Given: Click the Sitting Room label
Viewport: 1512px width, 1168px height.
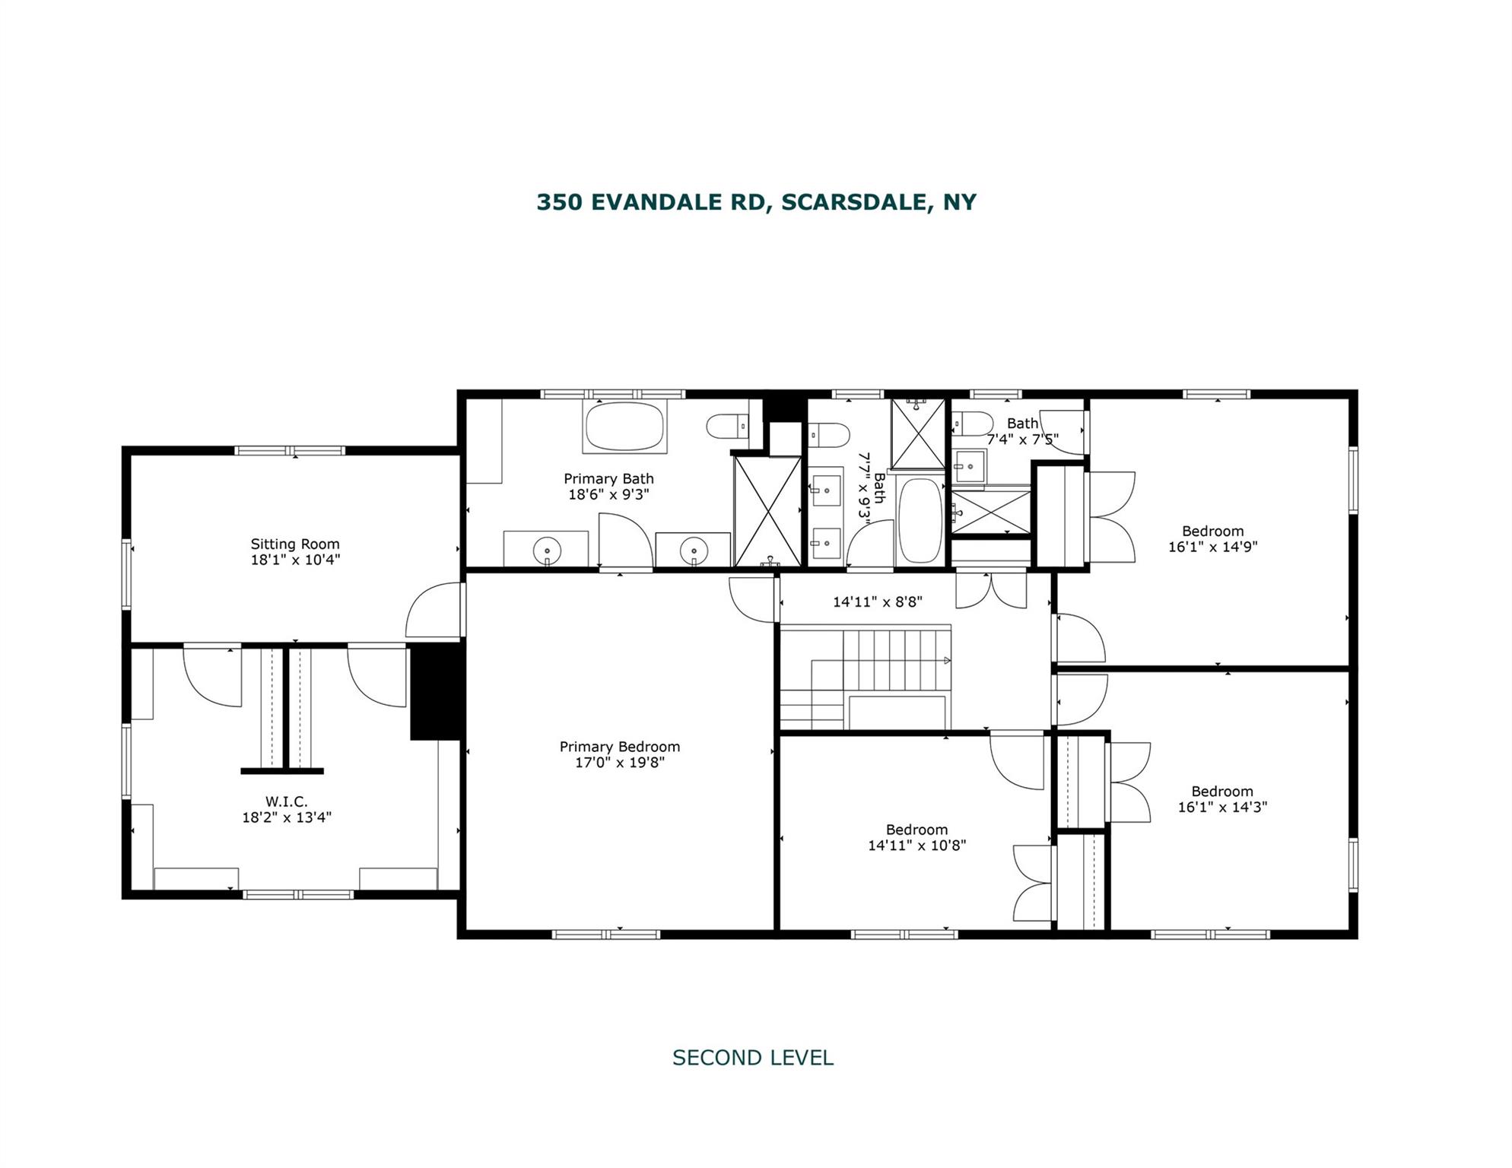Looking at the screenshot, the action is pyautogui.click(x=295, y=544).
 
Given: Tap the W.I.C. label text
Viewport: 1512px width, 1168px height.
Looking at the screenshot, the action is pyautogui.click(x=286, y=801).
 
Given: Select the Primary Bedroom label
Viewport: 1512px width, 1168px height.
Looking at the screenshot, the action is pyautogui.click(x=620, y=747).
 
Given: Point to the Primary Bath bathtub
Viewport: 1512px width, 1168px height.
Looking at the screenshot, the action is pyautogui.click(x=624, y=426).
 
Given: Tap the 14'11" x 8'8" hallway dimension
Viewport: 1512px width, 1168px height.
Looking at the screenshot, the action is pyautogui.click(x=878, y=601).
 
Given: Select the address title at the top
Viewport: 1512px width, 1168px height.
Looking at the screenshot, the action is pyautogui.click(x=756, y=202).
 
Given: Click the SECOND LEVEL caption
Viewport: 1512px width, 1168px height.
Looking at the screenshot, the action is pyautogui.click(x=753, y=1058).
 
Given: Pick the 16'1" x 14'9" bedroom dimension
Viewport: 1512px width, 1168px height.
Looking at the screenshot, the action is pyautogui.click(x=1213, y=546).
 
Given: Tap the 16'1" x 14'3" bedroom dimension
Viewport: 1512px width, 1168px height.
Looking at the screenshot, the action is pyautogui.click(x=1222, y=807).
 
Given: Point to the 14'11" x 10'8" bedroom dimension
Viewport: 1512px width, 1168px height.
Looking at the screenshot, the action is pyautogui.click(x=917, y=845).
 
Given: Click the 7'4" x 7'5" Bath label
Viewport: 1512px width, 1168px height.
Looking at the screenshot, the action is pyautogui.click(x=1023, y=431).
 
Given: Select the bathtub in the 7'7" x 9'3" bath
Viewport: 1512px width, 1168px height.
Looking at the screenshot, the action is pyautogui.click(x=920, y=519).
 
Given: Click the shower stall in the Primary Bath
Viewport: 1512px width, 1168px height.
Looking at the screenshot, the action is pyautogui.click(x=768, y=511).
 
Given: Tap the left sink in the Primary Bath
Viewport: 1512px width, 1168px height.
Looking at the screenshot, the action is pyautogui.click(x=547, y=548).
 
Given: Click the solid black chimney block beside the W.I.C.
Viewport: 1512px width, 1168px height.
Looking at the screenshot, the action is pyautogui.click(x=436, y=691).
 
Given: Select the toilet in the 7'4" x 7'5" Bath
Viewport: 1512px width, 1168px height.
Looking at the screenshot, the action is pyautogui.click(x=973, y=424).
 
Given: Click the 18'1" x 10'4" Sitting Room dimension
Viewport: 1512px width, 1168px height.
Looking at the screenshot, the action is pyautogui.click(x=295, y=560).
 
